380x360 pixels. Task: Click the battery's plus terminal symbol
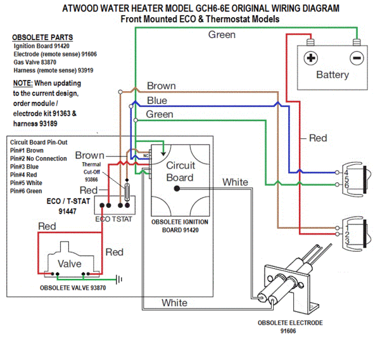pyautogui.click(x=310, y=58)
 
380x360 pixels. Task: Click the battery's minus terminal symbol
pyautogui.click(x=357, y=58)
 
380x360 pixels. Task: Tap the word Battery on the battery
pyautogui.click(x=332, y=75)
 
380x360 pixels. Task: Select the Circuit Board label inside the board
pyautogui.click(x=180, y=171)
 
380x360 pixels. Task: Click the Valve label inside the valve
pyautogui.click(x=70, y=263)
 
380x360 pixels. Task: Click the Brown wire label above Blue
pyautogui.click(x=161, y=86)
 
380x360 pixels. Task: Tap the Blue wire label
pyautogui.click(x=157, y=101)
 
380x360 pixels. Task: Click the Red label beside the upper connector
pyautogui.click(x=318, y=138)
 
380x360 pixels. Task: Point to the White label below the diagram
pyautogui.click(x=174, y=303)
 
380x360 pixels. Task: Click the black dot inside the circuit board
pyautogui.click(x=179, y=188)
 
